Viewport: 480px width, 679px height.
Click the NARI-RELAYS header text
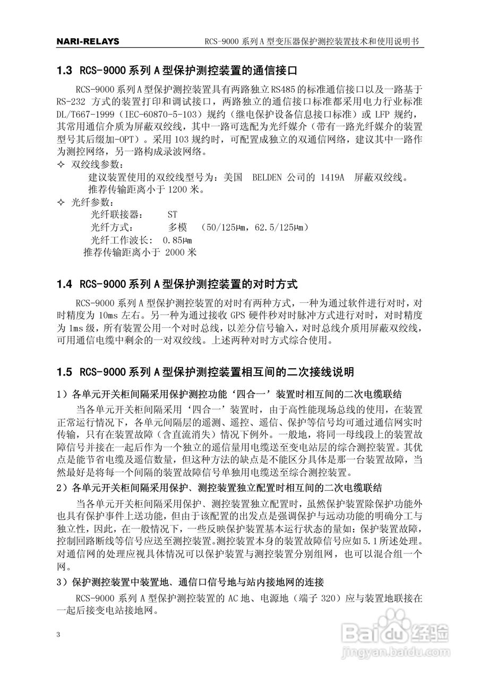[88, 41]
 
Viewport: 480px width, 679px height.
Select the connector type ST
[172, 215]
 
